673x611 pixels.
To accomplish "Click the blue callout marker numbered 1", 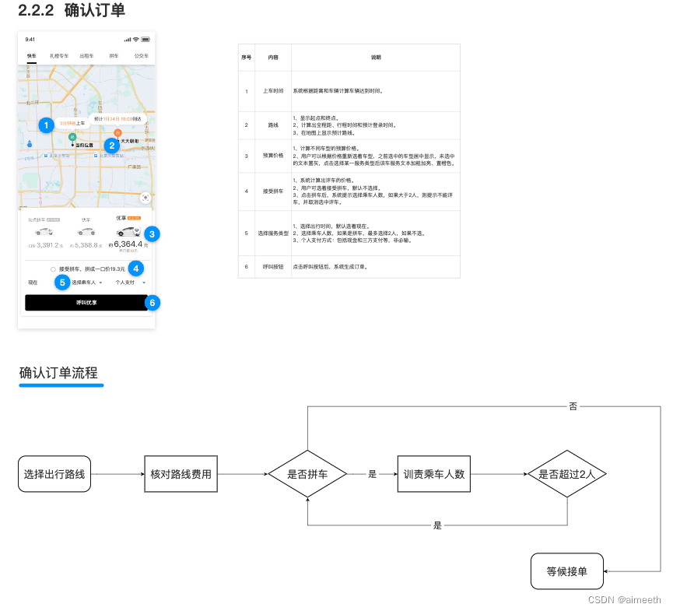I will (46, 125).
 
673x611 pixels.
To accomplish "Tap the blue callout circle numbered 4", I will (136, 269).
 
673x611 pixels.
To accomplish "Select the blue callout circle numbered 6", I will (152, 302).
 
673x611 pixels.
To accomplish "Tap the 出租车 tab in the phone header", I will (86, 56).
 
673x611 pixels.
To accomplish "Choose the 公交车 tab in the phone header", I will (141, 56).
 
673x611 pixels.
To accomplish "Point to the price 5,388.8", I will (86, 245).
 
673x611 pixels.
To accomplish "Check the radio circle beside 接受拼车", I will (53, 269).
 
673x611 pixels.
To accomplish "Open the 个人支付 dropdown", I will (129, 282).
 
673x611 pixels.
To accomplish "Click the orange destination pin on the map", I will (117, 132).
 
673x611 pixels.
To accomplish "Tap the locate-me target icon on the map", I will (145, 199).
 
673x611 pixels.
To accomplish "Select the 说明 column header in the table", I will (376, 58).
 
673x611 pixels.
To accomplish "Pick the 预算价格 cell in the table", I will (265, 156).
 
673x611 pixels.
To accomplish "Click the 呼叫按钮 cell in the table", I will (265, 266).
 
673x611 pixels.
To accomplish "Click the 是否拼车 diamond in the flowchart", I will (308, 473).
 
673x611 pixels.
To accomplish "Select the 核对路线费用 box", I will (181, 473).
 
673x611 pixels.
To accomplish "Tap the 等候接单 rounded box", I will (566, 571).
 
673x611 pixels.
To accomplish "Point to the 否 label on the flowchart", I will (573, 406).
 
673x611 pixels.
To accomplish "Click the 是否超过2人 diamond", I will (566, 473).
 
